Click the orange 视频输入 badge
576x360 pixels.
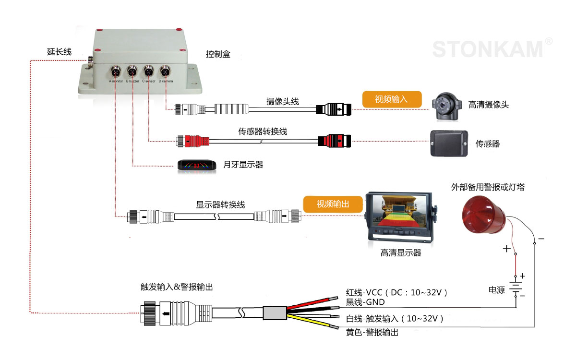[x=391, y=99]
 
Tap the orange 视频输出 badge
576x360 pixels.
[x=332, y=204]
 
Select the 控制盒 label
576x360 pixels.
[x=218, y=54]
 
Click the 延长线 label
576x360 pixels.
[x=59, y=51]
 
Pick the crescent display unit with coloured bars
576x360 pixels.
[x=195, y=165]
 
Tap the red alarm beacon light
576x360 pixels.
[x=483, y=213]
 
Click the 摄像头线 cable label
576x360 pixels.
[x=283, y=101]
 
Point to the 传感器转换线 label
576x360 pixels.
[x=263, y=131]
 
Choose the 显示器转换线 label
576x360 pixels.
[x=220, y=204]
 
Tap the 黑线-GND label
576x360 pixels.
[x=365, y=302]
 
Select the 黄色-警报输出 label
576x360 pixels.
[x=372, y=332]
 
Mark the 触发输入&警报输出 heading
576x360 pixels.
[x=176, y=287]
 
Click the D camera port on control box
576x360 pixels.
[x=165, y=72]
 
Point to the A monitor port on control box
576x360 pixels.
[x=116, y=72]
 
